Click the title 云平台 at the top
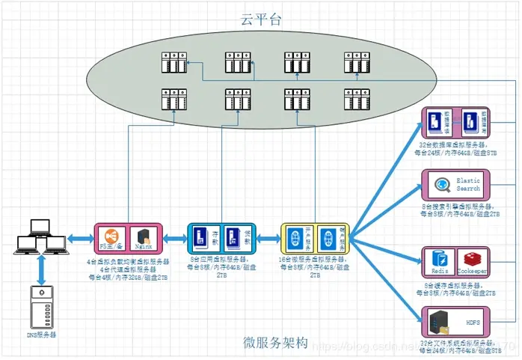tap(261, 17)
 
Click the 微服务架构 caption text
tap(274, 343)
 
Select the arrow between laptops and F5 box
tap(79, 239)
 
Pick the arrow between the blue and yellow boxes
tap(268, 239)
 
